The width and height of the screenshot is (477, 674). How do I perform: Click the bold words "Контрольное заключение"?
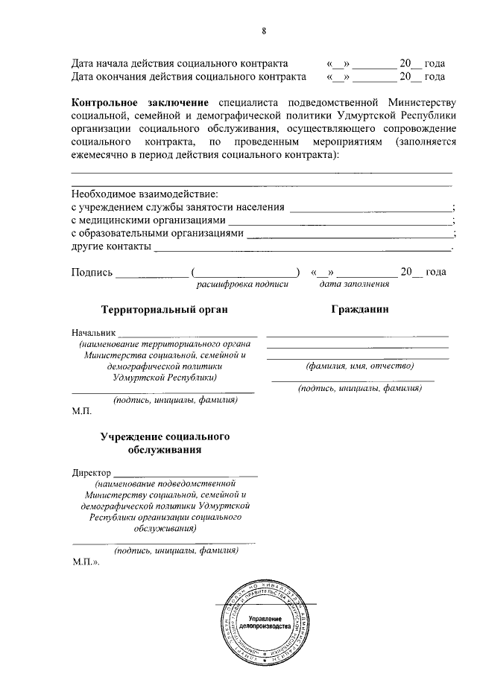pos(140,101)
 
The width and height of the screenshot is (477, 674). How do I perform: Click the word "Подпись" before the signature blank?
pos(92,272)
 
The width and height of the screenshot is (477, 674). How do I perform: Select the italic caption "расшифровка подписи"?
pos(242,284)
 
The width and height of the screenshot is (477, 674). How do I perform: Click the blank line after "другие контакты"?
pos(301,248)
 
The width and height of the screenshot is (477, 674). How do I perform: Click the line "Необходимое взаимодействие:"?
pos(145,194)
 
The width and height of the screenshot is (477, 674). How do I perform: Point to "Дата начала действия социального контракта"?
pos(179,63)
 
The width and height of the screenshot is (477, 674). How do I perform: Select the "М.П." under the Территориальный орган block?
pos(81,411)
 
